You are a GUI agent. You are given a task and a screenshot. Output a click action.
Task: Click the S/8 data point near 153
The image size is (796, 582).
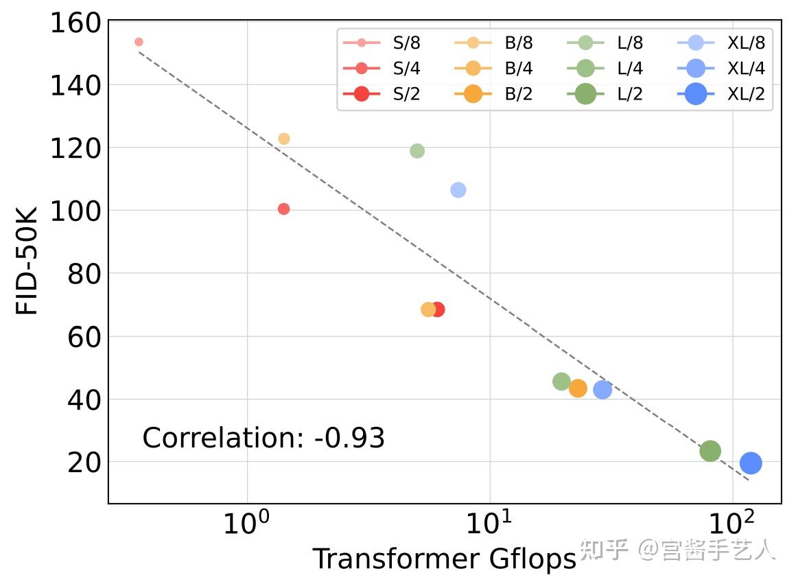139,42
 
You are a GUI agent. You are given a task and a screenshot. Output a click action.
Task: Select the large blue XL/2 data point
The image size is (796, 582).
751,463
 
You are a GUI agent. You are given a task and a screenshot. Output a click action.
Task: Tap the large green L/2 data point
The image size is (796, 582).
710,451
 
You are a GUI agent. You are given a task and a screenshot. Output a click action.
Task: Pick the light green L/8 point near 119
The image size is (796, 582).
417,151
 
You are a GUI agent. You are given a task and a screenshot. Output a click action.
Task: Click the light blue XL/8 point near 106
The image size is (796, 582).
458,190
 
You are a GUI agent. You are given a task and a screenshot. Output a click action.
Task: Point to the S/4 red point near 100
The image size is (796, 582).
283,209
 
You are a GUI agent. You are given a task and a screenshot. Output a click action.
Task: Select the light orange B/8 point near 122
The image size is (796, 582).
284,139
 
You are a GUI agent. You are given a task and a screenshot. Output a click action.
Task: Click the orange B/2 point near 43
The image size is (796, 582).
578,388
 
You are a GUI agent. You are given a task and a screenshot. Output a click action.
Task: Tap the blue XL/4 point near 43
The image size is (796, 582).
602,390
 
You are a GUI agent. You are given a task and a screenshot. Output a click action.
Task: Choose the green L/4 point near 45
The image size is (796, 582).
561,382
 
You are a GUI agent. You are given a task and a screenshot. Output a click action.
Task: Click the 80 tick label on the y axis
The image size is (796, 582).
84,274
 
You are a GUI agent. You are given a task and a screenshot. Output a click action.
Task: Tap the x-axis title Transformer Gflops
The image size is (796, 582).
444,559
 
